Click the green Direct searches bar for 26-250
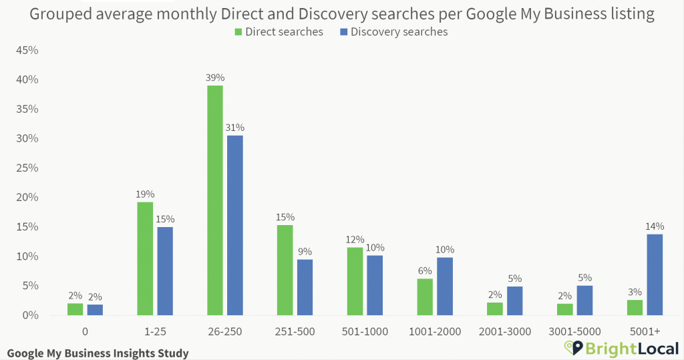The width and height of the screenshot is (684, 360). tap(215, 200)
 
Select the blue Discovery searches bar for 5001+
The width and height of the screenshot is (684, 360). tap(655, 275)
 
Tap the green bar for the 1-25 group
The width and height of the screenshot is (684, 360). tap(145, 258)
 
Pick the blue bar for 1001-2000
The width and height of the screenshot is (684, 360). tap(445, 286)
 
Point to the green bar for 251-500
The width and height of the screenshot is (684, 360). tap(285, 270)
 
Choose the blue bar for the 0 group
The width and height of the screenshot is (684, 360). tap(95, 310)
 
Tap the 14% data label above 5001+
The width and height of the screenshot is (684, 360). tap(655, 227)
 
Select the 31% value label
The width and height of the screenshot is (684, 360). tap(235, 128)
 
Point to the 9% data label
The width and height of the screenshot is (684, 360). tap(305, 252)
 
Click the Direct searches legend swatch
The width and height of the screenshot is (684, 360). tap(238, 32)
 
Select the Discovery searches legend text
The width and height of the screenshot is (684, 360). tap(399, 32)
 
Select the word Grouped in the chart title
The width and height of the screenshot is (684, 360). tap(58, 14)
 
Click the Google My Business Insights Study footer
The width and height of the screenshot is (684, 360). tap(98, 353)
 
